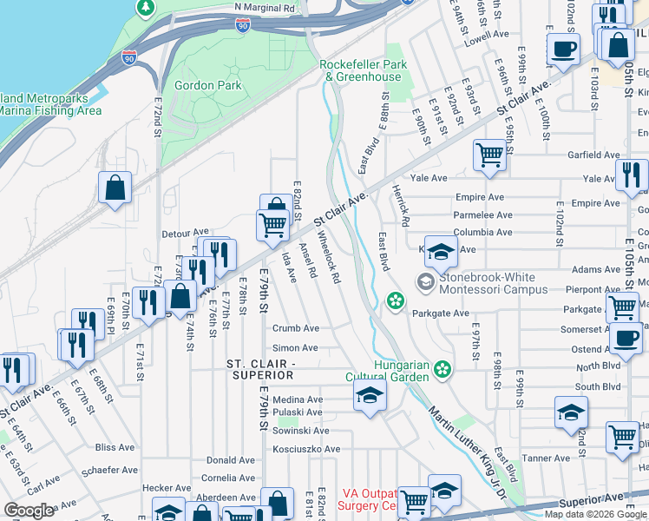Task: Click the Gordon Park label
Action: [207, 85]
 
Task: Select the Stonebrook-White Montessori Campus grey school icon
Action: [425, 281]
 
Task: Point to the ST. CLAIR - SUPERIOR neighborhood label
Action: [260, 368]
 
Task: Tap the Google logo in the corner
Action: [29, 511]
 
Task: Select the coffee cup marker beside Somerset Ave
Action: [626, 337]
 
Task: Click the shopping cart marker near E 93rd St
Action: [489, 155]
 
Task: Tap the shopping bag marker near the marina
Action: [115, 187]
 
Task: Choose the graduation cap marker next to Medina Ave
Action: [370, 397]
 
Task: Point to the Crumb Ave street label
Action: [296, 328]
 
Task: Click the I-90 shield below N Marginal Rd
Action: [243, 27]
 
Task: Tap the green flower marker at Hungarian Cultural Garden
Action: [443, 369]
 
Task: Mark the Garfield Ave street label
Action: [593, 155]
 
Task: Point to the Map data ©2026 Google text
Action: [595, 514]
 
